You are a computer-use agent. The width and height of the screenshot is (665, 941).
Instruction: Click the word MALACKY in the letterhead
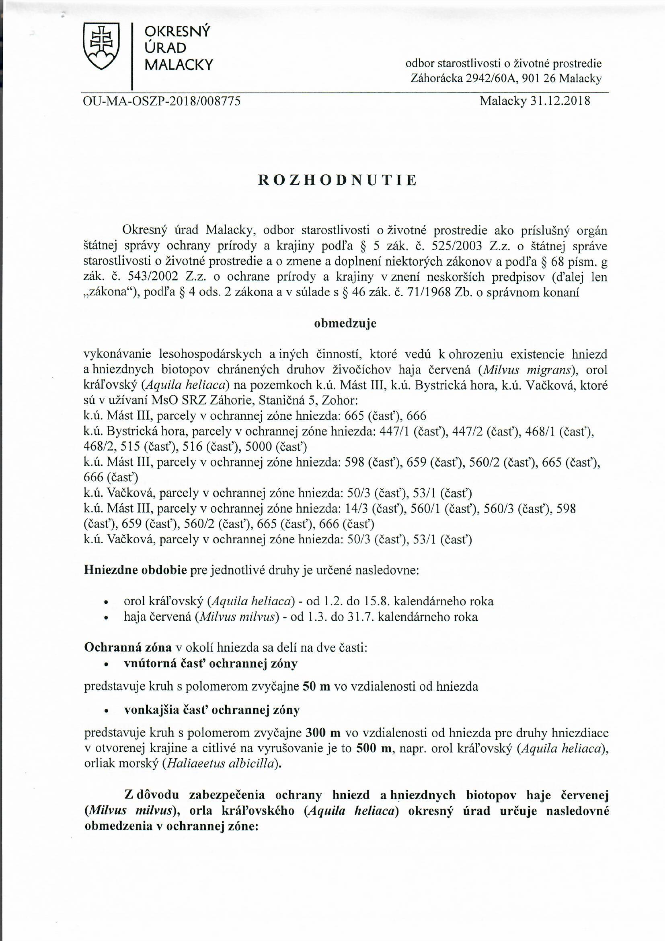179,65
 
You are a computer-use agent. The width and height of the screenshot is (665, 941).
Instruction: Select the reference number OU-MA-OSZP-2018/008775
162,101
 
